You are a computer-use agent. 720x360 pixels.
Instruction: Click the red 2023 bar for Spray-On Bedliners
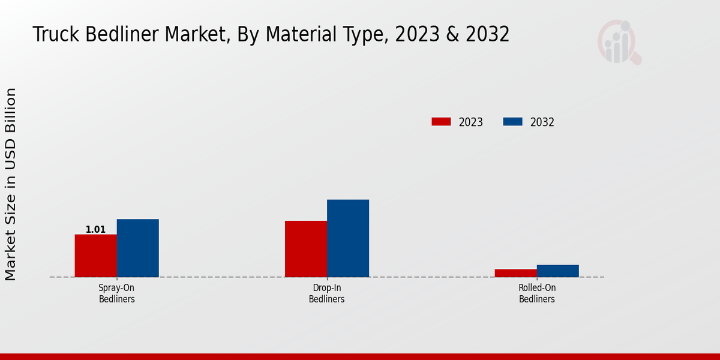[95, 256]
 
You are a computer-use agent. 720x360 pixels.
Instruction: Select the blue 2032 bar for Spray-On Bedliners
[137, 248]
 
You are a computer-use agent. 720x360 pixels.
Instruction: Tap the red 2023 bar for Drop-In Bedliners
[306, 249]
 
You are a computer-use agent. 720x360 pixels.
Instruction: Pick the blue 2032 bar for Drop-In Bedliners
[348, 238]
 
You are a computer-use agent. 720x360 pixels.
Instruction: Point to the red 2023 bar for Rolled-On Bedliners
[516, 273]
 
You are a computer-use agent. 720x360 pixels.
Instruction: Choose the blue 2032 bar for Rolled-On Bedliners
[558, 271]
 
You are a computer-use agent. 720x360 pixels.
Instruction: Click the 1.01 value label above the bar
[95, 229]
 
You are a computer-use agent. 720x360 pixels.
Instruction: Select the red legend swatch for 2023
[441, 122]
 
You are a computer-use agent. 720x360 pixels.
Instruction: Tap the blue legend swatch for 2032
[512, 122]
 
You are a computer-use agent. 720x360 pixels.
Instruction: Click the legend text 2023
[470, 122]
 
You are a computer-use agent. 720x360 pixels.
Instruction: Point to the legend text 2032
[542, 122]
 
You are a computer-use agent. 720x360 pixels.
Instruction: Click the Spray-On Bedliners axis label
[116, 293]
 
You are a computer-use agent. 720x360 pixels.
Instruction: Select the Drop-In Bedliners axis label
[326, 293]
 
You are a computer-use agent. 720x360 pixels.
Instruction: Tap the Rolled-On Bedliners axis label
[537, 293]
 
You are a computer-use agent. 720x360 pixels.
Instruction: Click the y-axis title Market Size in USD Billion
[11, 184]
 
